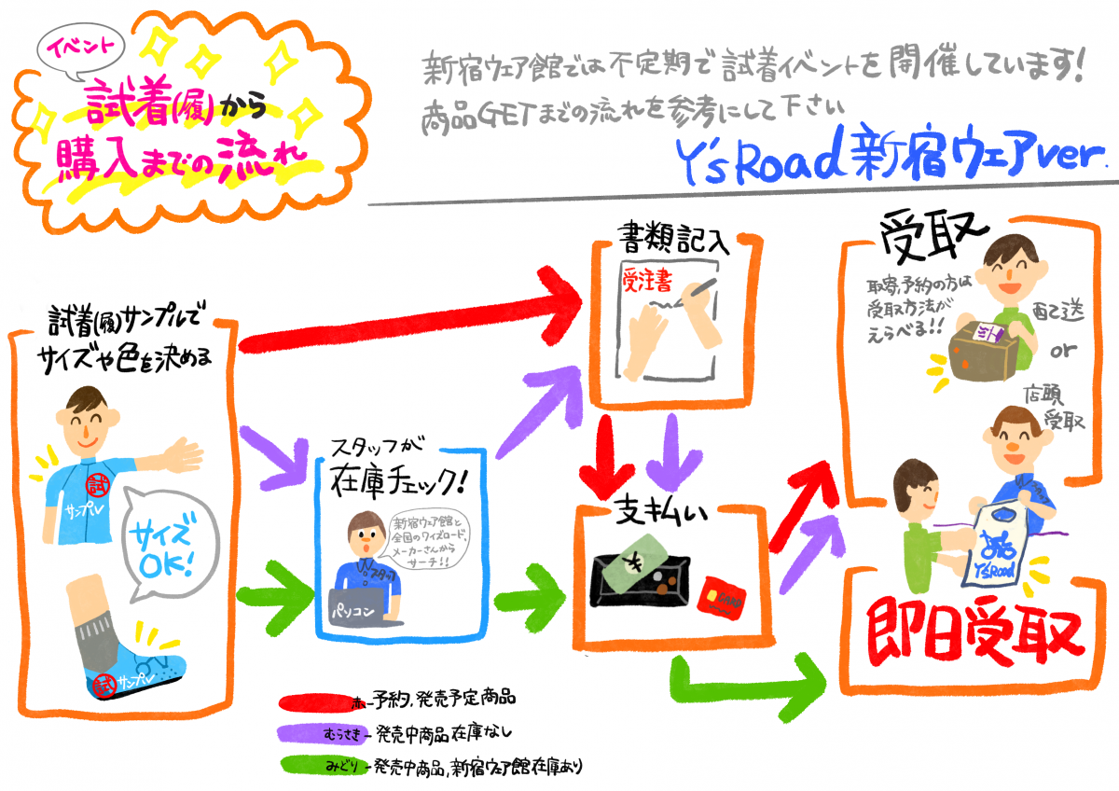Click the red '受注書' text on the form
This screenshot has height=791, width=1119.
tap(650, 283)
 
